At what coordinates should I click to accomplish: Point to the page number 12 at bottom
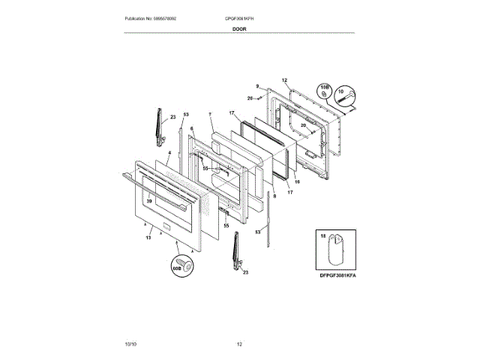click(239, 343)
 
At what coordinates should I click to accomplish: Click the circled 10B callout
click(325, 91)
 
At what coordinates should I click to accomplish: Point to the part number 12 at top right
click(284, 79)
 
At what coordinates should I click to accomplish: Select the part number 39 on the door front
click(148, 201)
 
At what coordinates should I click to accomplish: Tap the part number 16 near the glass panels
click(297, 181)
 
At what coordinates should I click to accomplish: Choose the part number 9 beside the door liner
click(256, 86)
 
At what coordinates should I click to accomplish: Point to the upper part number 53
click(186, 114)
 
